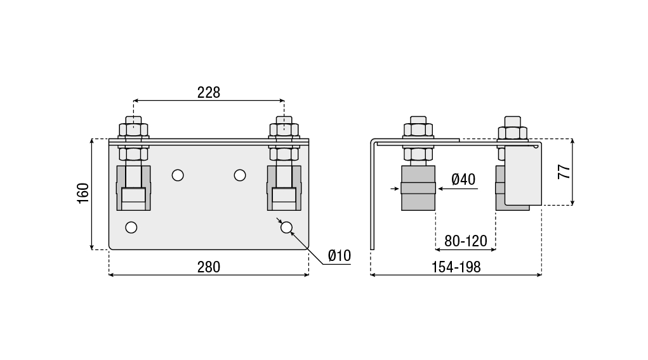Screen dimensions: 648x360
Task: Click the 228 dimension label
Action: (209, 92)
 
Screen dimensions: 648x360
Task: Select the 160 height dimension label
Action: (83, 193)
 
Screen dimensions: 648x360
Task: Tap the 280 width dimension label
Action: (209, 267)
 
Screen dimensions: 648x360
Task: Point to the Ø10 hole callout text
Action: (340, 255)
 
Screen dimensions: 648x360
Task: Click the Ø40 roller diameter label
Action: (463, 180)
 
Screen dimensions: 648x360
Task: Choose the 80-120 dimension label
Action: (466, 241)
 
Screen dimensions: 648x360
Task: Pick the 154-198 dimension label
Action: (456, 267)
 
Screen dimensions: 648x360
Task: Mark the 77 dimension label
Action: (564, 171)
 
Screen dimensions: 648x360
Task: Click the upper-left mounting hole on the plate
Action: (178, 175)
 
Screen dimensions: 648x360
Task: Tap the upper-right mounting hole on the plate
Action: (240, 175)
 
